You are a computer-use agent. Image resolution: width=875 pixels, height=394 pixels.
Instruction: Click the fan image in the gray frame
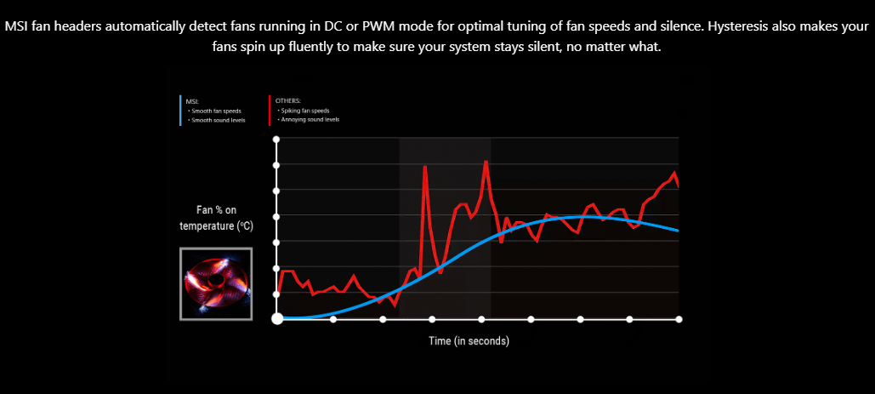tap(215, 284)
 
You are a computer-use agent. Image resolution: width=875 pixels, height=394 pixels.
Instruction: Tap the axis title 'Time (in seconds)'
tap(469, 341)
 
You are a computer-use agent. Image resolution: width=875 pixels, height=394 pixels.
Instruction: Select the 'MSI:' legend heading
tap(190, 100)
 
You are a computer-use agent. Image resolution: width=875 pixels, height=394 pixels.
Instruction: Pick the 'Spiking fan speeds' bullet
tap(305, 111)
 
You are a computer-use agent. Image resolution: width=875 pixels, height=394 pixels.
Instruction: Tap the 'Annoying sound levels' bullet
tap(309, 120)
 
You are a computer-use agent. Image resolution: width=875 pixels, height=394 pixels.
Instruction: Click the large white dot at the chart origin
tap(276, 319)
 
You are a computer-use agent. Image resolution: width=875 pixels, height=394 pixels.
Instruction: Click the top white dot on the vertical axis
tap(276, 138)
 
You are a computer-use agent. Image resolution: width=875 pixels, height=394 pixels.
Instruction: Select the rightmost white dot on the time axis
tap(679, 319)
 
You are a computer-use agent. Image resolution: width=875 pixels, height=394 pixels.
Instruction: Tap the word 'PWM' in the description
tap(383, 26)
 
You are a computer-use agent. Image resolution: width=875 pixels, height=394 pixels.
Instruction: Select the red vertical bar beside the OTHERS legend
tap(269, 111)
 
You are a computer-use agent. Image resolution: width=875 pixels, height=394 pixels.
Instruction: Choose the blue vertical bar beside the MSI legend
tap(180, 111)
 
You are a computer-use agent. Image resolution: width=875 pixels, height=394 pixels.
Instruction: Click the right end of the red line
tap(679, 184)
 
